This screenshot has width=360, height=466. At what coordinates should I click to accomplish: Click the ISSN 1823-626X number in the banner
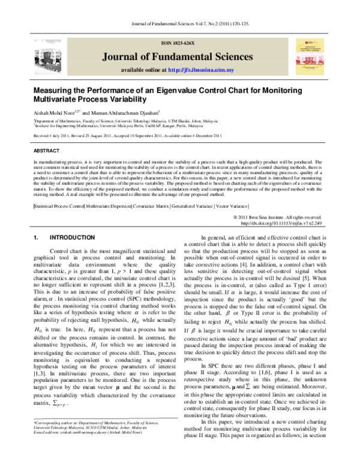point(179,44)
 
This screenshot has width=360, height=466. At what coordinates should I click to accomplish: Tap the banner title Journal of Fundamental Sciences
point(179,56)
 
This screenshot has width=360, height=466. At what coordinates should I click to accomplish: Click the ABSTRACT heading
point(46,151)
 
